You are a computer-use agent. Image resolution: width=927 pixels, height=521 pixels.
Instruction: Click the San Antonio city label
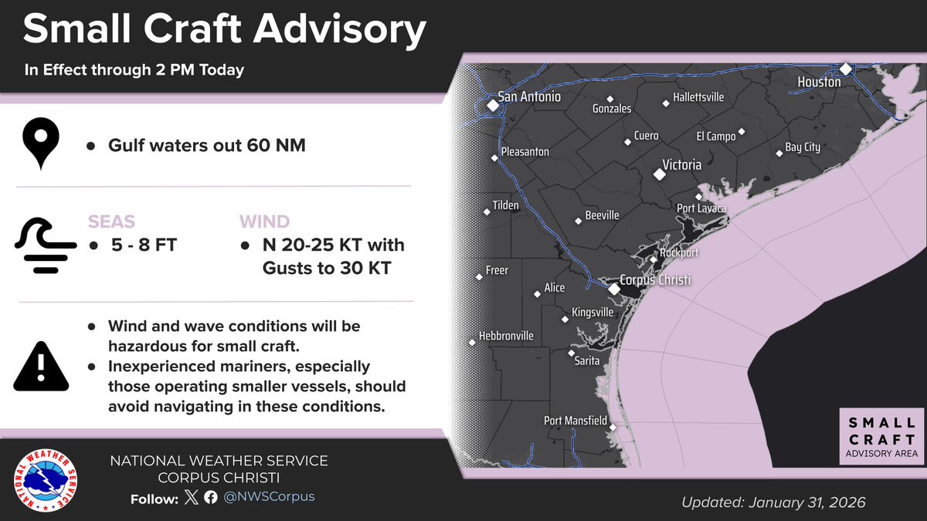[x=529, y=97]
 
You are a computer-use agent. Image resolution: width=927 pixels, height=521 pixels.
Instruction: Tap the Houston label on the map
[x=819, y=82]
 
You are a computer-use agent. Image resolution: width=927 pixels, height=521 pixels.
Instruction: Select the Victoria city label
[x=682, y=165]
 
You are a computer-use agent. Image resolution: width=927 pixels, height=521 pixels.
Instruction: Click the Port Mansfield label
[x=576, y=421]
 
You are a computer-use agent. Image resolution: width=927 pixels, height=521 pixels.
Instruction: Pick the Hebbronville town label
[x=506, y=337]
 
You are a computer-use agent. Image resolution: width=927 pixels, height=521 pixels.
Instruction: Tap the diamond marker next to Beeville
[x=579, y=222]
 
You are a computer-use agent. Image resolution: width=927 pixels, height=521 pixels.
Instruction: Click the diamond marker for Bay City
[x=779, y=153]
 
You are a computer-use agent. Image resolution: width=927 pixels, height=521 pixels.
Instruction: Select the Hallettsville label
[x=698, y=98]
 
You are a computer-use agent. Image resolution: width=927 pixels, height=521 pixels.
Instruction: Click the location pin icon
[x=40, y=144]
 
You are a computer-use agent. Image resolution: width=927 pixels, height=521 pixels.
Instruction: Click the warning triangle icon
[x=41, y=366]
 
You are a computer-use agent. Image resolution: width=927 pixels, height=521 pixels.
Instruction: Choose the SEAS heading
[x=111, y=222]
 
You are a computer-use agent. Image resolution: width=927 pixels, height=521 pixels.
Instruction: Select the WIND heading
[x=265, y=222]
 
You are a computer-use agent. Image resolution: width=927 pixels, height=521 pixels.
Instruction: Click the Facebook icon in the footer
[x=210, y=498]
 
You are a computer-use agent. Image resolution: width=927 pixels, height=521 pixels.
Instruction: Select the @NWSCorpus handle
[x=270, y=497]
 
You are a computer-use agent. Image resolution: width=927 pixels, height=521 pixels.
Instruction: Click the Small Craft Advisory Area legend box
[x=882, y=437]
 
